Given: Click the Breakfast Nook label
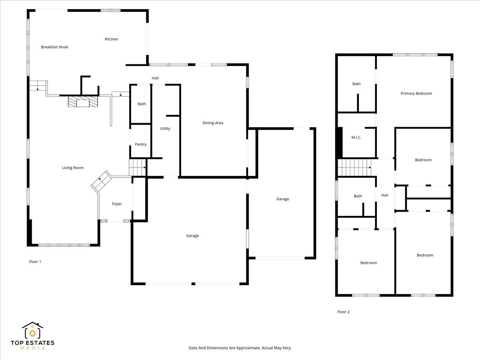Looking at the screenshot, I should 54,47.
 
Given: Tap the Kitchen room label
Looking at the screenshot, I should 111,39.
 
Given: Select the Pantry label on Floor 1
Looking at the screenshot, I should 140,144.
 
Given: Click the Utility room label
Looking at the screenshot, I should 165,128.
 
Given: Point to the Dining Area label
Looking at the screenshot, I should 213,123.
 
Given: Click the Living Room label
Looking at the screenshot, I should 73,168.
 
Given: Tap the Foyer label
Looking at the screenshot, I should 117,204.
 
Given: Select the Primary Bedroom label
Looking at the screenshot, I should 416,94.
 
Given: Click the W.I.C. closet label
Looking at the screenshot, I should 356,138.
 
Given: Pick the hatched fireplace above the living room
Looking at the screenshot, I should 82,102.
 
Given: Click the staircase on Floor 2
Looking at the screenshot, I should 354,167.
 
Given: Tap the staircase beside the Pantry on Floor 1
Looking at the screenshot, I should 138,167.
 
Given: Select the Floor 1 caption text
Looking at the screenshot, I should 35,262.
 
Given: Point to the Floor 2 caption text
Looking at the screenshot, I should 343,312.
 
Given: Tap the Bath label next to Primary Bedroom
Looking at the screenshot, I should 356,84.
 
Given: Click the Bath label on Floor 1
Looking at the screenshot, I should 142,104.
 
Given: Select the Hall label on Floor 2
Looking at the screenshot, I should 385,195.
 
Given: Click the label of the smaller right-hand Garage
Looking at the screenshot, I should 282,199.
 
